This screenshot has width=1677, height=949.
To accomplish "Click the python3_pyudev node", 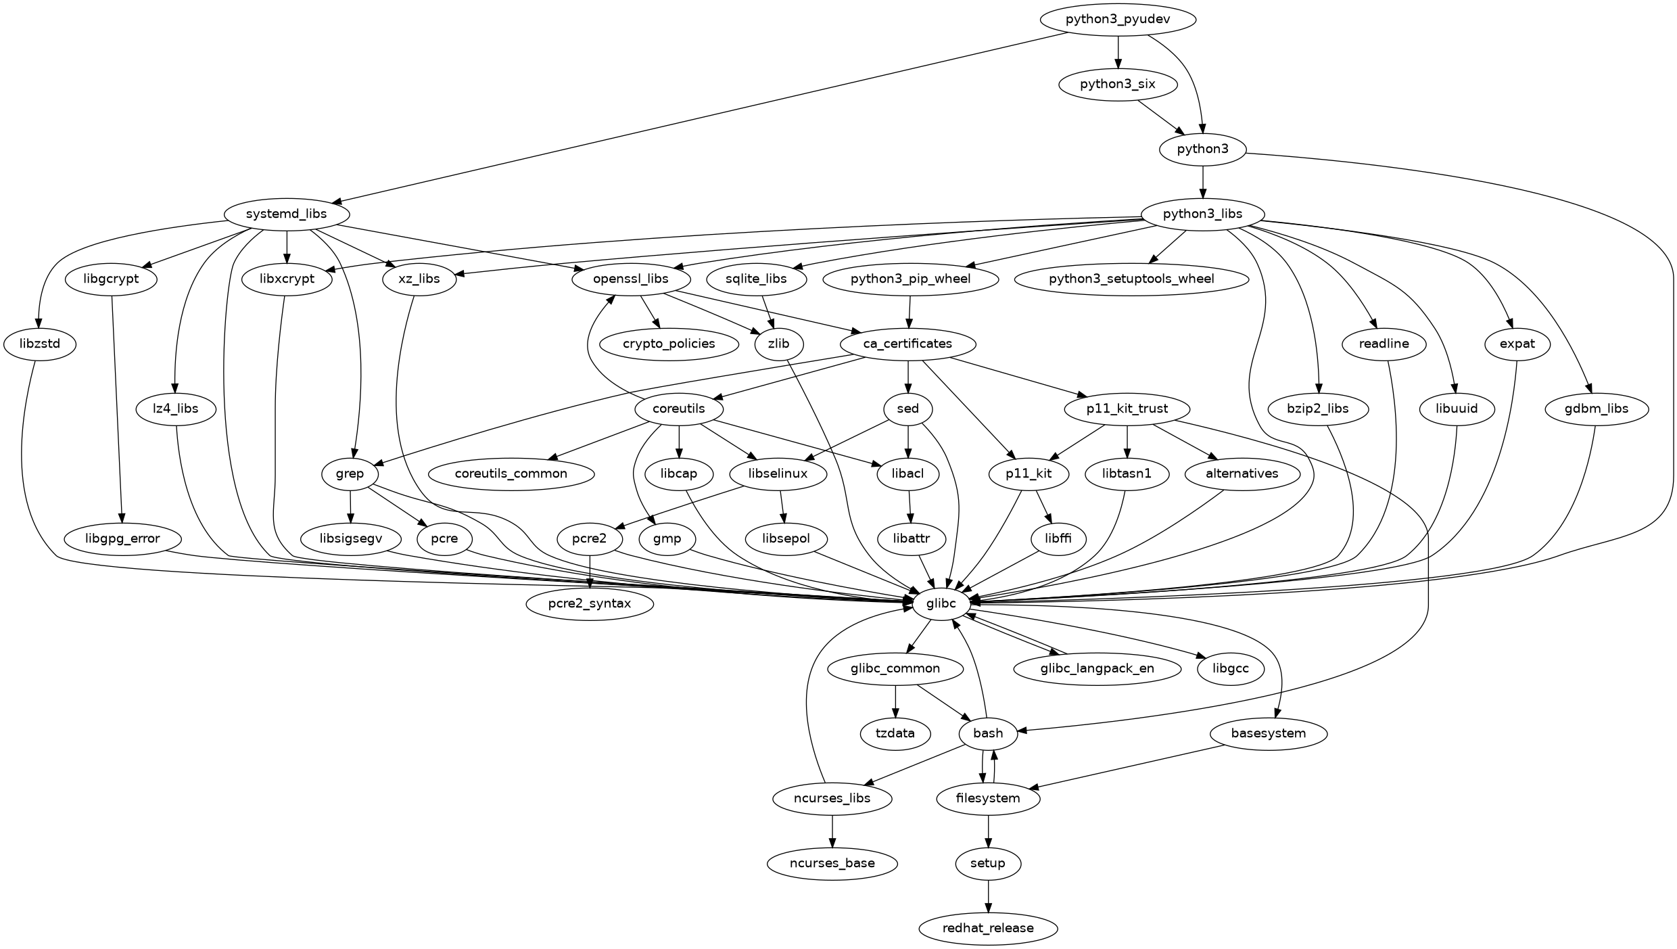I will tap(1118, 20).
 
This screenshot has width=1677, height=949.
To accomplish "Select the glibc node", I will tap(942, 603).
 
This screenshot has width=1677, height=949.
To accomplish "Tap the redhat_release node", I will tap(988, 928).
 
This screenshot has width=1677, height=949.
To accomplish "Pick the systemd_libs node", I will tap(287, 214).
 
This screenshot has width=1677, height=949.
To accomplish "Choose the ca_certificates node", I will tap(907, 344).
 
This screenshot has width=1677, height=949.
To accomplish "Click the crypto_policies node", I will tap(669, 344).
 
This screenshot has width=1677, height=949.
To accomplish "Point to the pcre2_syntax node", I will tap(590, 603).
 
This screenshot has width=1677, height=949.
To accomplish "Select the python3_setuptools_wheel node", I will tap(1131, 279).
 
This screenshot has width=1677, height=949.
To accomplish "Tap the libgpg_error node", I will tap(122, 538).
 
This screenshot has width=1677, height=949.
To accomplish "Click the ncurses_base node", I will tap(832, 863).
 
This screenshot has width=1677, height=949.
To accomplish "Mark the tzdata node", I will tap(895, 733).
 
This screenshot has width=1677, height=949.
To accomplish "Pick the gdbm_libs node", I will tap(1596, 409).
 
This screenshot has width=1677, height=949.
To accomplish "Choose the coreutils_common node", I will tap(511, 473).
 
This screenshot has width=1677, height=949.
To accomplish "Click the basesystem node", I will tap(1268, 733).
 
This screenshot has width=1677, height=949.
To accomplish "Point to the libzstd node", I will tap(40, 344).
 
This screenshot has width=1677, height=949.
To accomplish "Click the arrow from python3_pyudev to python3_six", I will tap(1118, 52).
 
